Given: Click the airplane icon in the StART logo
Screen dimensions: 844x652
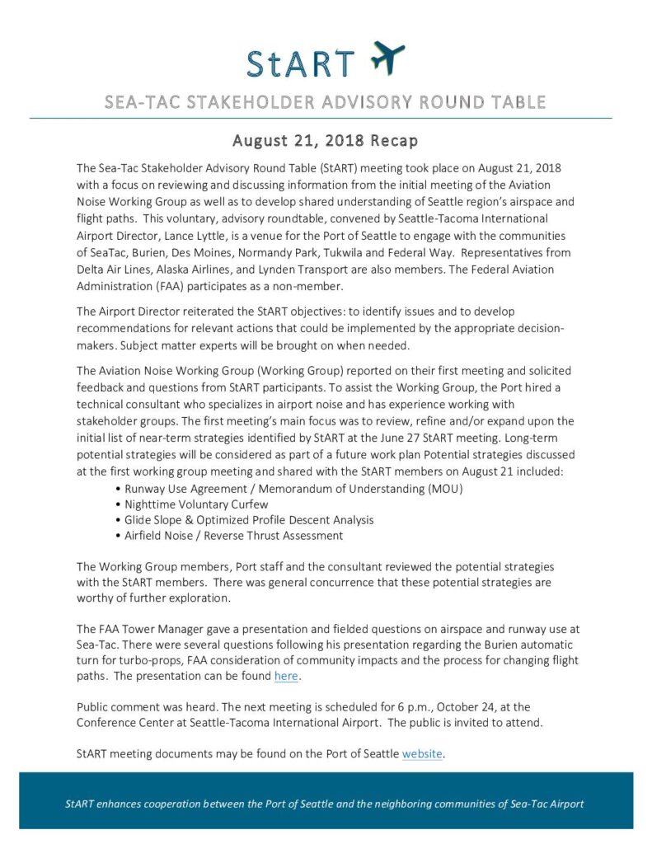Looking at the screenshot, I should [387, 59].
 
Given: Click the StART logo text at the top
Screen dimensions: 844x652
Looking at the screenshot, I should [301, 63].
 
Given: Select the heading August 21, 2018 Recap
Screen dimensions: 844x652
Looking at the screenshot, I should [326, 140].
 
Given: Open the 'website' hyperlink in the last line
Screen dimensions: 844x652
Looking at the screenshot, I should [422, 753].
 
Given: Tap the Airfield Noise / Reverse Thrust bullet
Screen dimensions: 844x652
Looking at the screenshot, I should [233, 536].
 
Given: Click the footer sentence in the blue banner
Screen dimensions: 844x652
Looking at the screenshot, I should [326, 804].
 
